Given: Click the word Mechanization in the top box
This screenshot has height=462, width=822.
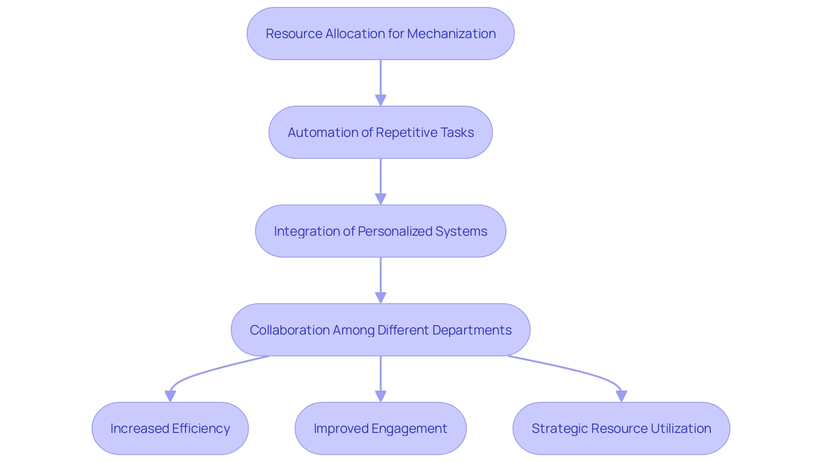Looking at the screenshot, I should click(451, 34).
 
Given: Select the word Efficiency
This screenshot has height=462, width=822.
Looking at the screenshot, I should click(201, 429).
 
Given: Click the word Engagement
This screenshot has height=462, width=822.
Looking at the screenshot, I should click(409, 429).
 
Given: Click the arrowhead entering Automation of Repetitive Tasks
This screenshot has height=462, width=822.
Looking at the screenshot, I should click(381, 101).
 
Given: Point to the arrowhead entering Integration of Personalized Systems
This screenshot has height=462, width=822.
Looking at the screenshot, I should click(381, 199).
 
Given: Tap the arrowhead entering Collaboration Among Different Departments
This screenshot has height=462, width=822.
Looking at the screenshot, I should click(381, 298).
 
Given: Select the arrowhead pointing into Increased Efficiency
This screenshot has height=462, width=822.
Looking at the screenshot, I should click(170, 397).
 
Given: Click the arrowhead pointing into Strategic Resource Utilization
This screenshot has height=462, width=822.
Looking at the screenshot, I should click(621, 397).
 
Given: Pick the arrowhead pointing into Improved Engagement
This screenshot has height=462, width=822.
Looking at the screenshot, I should click(381, 397).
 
